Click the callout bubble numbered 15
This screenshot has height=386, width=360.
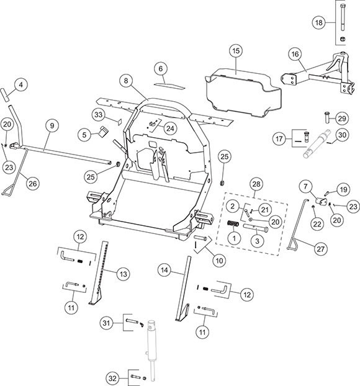(236, 51)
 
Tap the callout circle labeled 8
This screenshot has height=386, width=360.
(126, 81)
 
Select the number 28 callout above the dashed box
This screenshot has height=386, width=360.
(256, 184)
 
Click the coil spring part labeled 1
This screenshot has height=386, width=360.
(233, 223)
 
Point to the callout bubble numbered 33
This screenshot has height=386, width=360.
(99, 115)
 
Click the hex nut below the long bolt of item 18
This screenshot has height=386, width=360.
(342, 39)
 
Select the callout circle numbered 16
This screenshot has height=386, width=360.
(295, 54)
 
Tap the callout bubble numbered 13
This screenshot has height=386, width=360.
(123, 274)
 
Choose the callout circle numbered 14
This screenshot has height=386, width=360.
(164, 271)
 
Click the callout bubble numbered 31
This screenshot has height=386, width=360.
(106, 323)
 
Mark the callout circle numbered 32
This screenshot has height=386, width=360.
(112, 378)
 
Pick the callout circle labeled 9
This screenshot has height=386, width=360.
(52, 125)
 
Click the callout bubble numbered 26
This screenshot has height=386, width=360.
(33, 184)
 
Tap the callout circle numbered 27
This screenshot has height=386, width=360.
(321, 249)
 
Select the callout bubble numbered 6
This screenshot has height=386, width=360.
(161, 68)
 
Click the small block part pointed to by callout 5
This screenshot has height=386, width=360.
(104, 131)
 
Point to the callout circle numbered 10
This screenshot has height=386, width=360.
(219, 261)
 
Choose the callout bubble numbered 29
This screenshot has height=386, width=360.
(342, 119)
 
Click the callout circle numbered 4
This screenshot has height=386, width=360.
(20, 84)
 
